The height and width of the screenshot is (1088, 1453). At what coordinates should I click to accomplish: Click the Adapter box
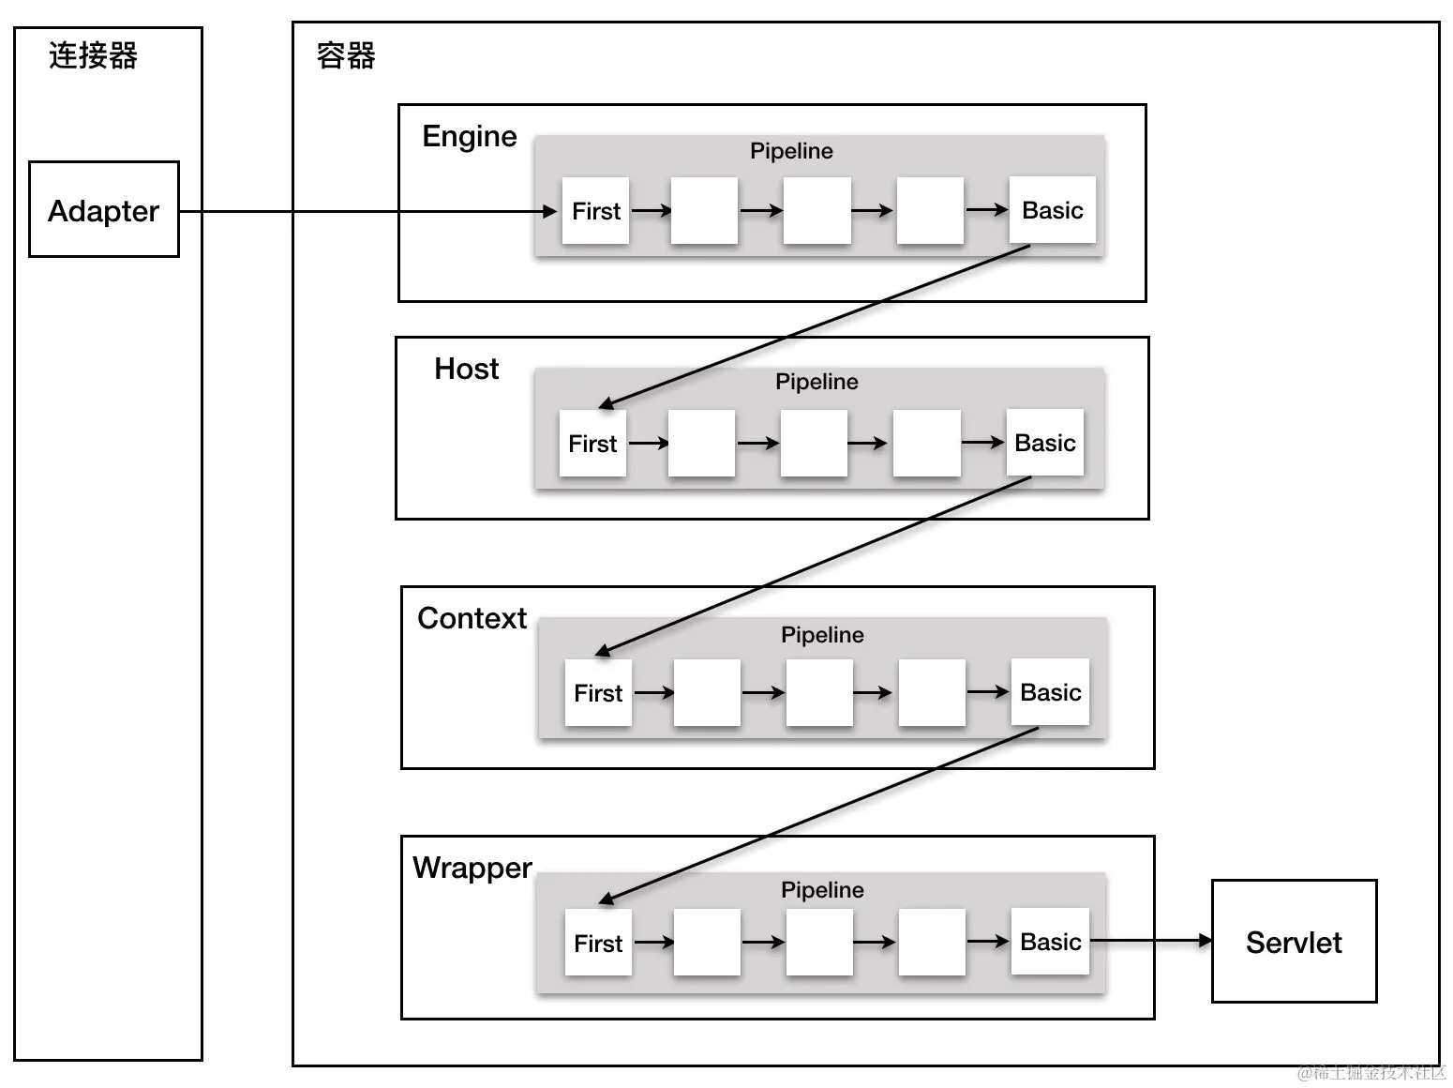[104, 210]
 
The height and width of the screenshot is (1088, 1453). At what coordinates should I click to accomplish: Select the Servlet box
[1294, 942]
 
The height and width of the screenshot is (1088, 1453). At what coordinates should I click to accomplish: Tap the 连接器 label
[93, 56]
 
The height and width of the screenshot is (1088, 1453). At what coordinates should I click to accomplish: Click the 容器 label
[346, 56]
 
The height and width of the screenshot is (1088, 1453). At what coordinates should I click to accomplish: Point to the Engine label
[469, 137]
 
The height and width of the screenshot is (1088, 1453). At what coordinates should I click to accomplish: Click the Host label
[466, 369]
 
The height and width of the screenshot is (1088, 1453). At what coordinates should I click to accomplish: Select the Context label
[472, 618]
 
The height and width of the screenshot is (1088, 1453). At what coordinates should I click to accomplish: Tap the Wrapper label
[472, 868]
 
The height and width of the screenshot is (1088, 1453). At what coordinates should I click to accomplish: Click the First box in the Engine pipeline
[595, 211]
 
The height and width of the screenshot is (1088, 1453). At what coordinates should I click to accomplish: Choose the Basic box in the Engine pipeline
[1052, 210]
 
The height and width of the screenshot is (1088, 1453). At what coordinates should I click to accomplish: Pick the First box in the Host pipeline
[592, 443]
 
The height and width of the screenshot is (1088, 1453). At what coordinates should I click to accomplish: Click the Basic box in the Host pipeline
[1044, 443]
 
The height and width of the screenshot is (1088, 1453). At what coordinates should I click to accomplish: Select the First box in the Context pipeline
[598, 692]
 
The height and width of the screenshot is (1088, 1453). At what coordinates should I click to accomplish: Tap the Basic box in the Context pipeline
[1050, 692]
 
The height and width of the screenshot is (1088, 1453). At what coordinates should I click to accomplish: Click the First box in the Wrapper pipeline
[598, 943]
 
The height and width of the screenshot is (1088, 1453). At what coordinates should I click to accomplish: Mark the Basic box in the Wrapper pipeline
[1050, 942]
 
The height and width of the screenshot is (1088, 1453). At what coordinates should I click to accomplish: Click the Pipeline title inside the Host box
[816, 382]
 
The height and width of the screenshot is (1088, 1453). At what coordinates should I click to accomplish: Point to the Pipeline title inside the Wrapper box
[822, 890]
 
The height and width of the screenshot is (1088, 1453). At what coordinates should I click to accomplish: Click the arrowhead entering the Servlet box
[1205, 940]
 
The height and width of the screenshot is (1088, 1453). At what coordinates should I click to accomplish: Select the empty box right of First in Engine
[704, 211]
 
